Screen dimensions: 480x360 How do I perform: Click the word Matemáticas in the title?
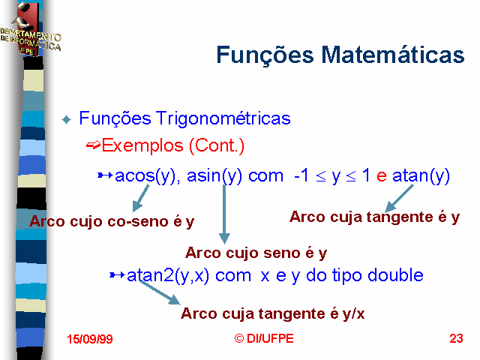pos(393,55)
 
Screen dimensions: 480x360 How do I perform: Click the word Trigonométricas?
pos(223,118)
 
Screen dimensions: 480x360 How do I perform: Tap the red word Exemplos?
pos(142,145)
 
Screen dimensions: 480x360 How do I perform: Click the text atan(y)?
pos(421,176)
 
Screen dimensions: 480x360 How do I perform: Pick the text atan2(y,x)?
pos(168,275)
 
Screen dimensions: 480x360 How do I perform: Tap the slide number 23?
pos(456,338)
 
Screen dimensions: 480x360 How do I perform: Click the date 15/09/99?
pos(90,339)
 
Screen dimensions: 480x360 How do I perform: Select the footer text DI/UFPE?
pos(270,338)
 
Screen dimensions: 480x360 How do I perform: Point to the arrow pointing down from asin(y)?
pos(224,214)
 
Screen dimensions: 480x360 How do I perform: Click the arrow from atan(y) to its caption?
pos(399,198)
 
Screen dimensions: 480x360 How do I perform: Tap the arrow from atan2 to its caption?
pos(160,293)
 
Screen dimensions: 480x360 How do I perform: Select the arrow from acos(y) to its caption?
pos(140,198)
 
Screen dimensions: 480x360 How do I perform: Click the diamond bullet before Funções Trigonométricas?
pos(67,119)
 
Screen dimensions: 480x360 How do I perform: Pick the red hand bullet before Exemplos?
pos(93,145)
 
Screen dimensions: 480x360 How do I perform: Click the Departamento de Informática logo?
pos(30,30)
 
